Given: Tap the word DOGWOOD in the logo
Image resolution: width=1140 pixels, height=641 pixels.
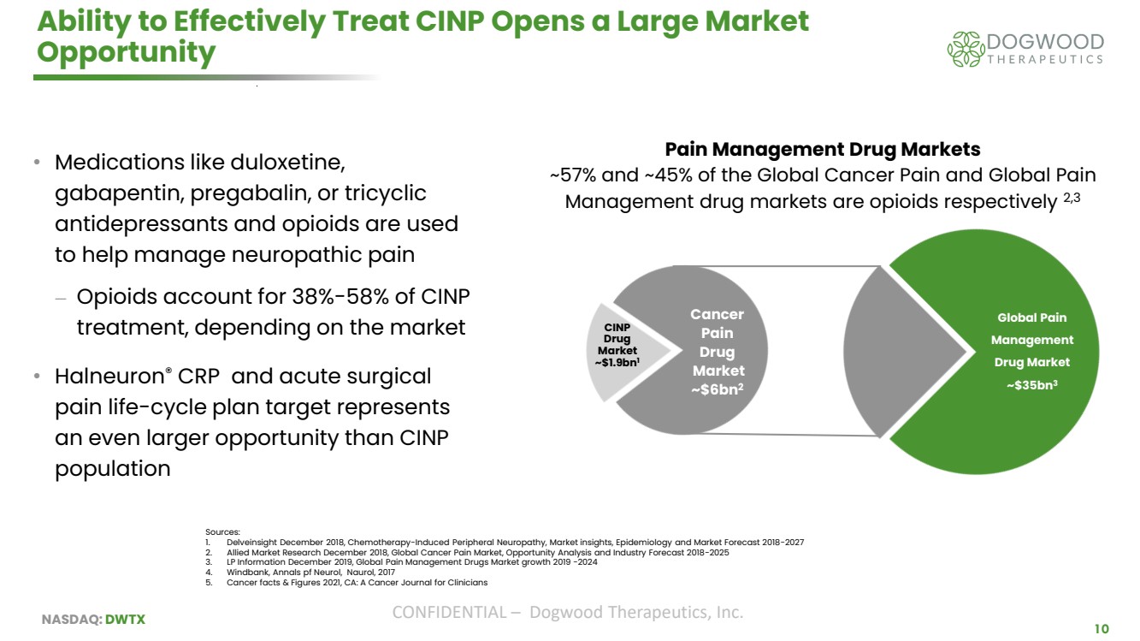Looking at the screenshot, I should [x=1045, y=41].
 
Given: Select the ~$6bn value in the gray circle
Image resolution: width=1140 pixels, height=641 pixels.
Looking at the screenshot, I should [x=717, y=390].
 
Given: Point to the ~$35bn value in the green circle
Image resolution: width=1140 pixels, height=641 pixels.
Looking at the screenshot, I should [x=1031, y=385].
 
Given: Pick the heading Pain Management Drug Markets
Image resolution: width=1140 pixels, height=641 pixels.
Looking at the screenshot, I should [x=822, y=149].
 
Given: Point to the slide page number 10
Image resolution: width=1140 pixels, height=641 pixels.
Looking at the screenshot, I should [x=1102, y=629].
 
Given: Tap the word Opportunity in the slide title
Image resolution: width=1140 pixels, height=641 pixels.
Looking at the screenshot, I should [x=126, y=53].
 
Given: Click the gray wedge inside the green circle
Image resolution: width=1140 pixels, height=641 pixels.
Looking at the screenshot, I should [x=898, y=351].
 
